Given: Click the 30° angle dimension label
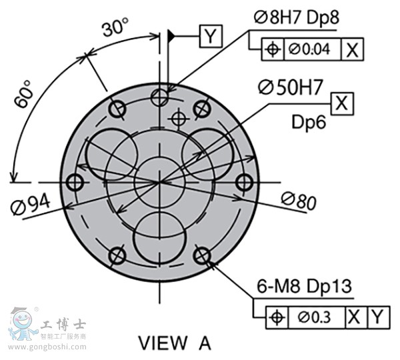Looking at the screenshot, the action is pos(115,27).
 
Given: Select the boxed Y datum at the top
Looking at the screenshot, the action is pos(211,36).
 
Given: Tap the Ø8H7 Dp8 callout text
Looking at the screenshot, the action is pos(297,17).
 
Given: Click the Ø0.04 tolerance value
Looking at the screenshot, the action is pos(309,49).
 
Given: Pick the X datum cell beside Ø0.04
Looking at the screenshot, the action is pos(352,49).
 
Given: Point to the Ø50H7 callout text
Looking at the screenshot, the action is pos(291,87).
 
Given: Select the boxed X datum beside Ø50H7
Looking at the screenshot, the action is pos(342,103).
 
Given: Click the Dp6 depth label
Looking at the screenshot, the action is pos(309,122).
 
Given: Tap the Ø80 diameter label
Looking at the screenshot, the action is pos(299,201).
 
